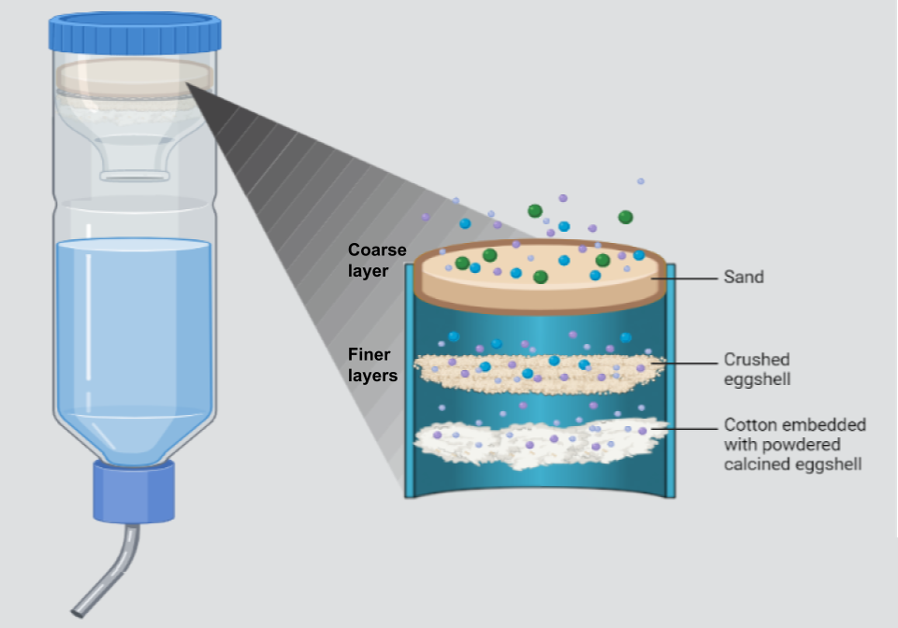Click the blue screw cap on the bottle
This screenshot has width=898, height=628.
click(137, 32)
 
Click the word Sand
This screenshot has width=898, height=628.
click(744, 278)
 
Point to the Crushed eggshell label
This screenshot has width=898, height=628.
click(757, 368)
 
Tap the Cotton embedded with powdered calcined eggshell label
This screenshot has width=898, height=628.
click(794, 444)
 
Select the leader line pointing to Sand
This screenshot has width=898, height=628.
click(692, 278)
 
